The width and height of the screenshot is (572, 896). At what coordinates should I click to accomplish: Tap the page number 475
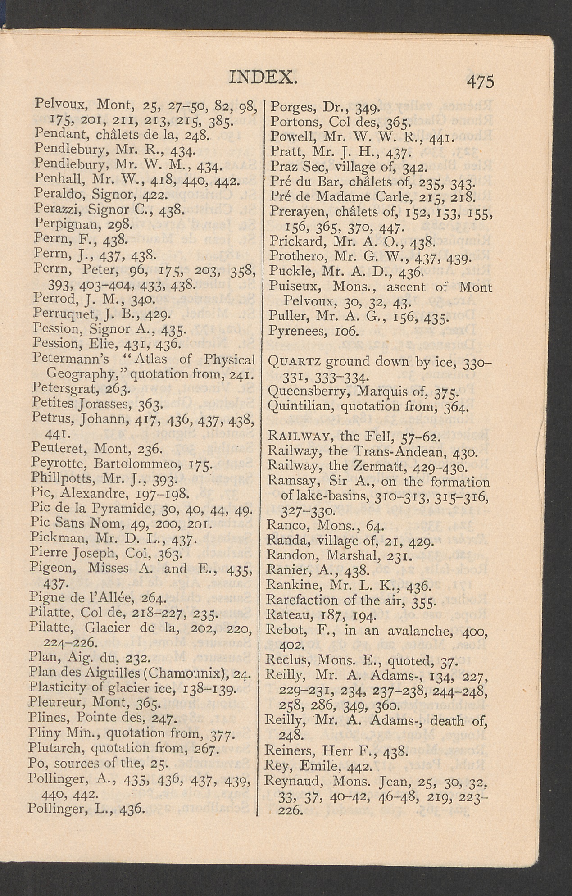click(481, 82)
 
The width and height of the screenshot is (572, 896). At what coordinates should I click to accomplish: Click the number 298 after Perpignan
click(119, 224)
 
